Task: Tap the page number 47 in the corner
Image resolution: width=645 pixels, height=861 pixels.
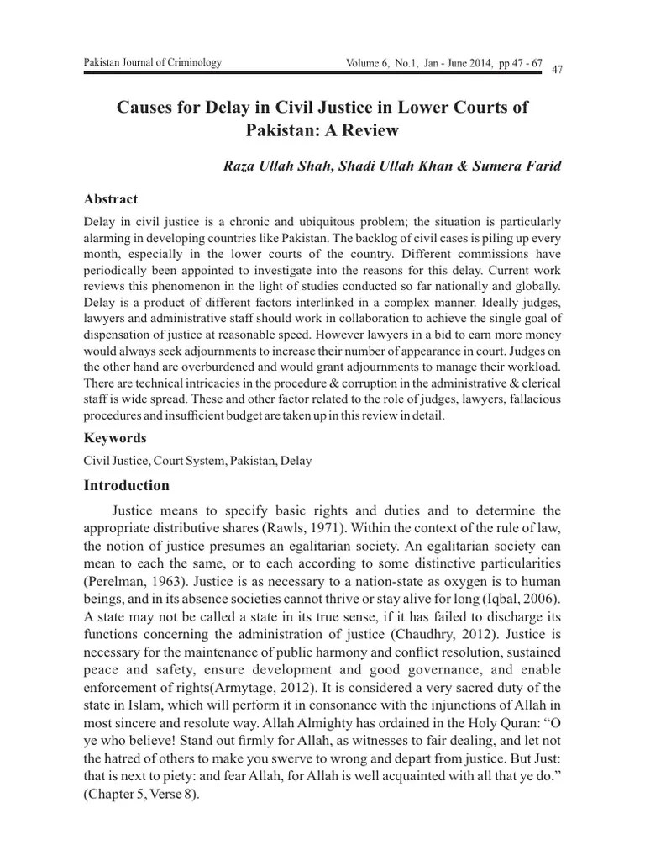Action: tap(556, 69)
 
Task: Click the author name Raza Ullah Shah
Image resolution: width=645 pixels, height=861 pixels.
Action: tap(275, 165)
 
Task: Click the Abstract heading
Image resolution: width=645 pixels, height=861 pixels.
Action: tap(111, 199)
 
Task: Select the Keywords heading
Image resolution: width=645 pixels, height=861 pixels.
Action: tap(116, 438)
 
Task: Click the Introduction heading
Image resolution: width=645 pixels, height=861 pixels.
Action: tap(127, 485)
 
